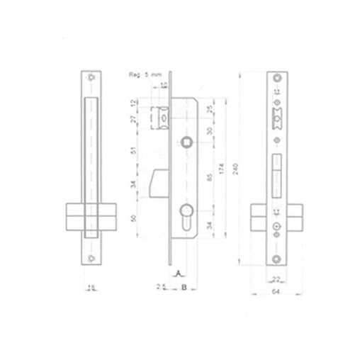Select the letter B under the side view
point(184,288)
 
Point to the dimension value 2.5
point(162,287)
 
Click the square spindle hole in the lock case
point(186,140)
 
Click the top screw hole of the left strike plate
point(92,77)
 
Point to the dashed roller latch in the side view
point(159,117)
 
